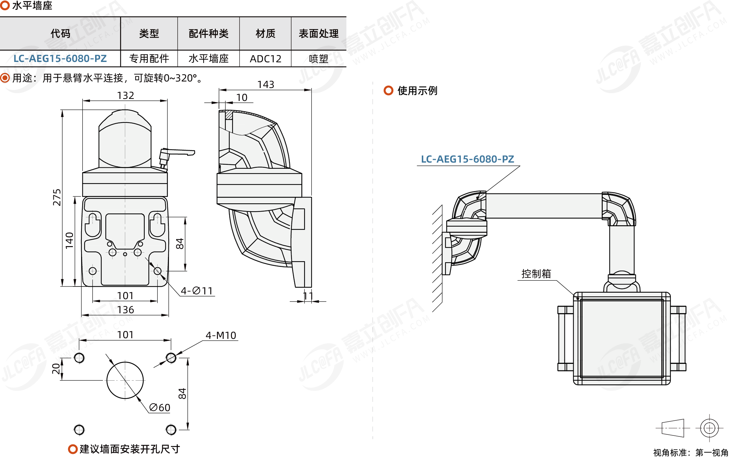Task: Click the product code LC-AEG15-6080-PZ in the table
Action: [60, 59]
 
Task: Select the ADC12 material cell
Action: [265, 59]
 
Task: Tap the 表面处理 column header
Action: [318, 34]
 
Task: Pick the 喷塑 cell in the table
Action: [318, 59]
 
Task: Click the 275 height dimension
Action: [57, 197]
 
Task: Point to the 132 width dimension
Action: [125, 96]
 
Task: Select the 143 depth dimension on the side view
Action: [265, 85]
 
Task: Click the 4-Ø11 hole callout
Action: [197, 291]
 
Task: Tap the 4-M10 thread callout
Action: [221, 335]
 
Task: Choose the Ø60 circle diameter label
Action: [160, 408]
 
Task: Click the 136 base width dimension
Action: [125, 310]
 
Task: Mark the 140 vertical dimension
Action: [69, 240]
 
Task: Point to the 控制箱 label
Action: [536, 274]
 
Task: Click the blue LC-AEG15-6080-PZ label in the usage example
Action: [467, 159]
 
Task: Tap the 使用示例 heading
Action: [417, 91]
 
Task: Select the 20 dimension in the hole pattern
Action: [56, 369]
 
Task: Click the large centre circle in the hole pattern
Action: [125, 380]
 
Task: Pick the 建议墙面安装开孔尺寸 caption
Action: [130, 449]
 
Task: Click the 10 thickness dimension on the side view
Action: [242, 98]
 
